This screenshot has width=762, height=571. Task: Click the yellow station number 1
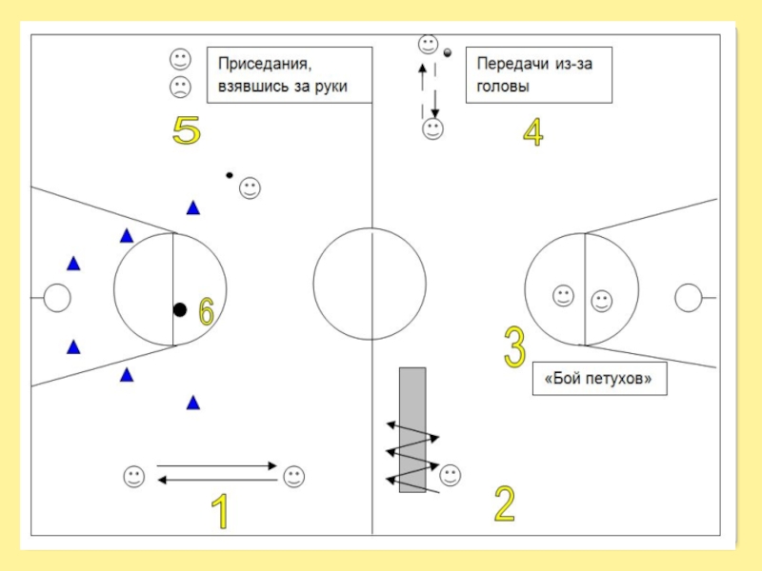(x=220, y=511)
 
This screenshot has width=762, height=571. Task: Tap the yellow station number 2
(x=505, y=504)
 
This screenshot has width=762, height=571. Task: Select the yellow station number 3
(x=514, y=347)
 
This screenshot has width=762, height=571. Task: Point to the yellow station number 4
(x=532, y=132)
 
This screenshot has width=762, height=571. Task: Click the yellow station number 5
(x=186, y=130)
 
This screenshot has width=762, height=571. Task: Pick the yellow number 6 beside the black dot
(x=207, y=312)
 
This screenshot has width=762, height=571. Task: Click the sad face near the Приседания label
(x=179, y=88)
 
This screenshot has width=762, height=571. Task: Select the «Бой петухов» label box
(x=599, y=379)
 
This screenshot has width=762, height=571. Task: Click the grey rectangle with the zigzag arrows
(x=412, y=429)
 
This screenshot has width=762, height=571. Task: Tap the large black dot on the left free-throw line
(x=179, y=309)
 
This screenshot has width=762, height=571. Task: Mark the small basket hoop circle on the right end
(x=688, y=298)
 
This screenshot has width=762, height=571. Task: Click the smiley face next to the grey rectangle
(x=451, y=473)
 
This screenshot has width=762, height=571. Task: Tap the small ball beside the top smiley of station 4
(x=447, y=42)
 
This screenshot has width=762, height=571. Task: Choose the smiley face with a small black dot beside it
(x=250, y=188)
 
